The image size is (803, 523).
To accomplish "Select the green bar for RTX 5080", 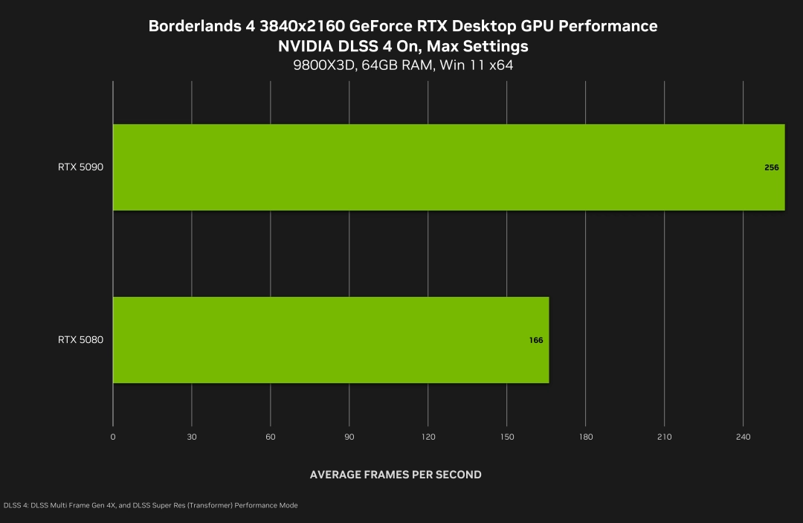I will point(331,340).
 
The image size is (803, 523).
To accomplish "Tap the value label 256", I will point(771,167).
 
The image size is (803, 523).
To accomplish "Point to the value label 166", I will point(536,340).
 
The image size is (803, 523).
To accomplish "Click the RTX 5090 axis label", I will point(80,167).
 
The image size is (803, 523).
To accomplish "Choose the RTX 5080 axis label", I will point(80,340).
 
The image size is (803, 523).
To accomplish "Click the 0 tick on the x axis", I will point(113,437).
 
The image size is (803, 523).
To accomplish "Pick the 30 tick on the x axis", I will point(192,437).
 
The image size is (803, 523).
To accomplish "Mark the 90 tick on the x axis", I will point(349,437).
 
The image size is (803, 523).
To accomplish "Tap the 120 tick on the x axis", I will point(428,437).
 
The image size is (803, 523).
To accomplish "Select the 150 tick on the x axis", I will point(507,437).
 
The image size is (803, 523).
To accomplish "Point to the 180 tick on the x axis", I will point(586,437).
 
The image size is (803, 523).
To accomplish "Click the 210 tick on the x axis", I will point(665,437).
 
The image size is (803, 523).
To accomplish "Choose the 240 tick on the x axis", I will point(744,437).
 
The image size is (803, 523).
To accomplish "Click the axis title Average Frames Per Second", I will point(396,475).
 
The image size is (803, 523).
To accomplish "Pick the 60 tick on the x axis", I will point(271,437).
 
